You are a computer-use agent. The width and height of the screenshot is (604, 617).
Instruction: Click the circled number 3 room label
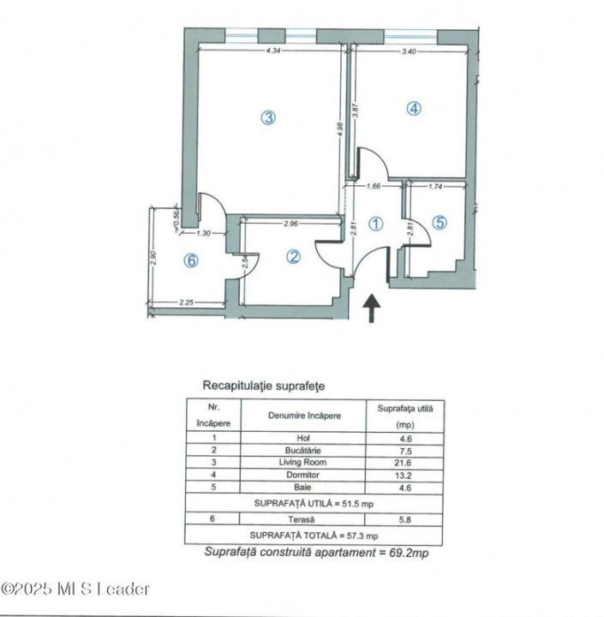(268, 119)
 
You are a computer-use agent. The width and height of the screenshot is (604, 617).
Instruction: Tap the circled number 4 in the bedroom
(414, 109)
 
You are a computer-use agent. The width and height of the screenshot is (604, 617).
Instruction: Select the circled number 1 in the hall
(375, 224)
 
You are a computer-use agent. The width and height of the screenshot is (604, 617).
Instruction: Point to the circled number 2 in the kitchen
(293, 256)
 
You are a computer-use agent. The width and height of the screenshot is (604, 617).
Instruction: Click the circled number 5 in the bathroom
(440, 223)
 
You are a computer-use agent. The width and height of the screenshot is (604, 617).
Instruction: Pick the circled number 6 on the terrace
(191, 261)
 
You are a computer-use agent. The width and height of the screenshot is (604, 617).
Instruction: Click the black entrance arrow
(373, 308)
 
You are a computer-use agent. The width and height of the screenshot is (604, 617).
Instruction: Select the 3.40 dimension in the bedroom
(410, 51)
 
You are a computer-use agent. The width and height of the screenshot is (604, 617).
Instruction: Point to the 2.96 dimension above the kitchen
(290, 225)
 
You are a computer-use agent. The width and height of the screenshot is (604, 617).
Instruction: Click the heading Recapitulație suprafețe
(263, 386)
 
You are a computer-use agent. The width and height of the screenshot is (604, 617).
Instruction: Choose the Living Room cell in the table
(304, 463)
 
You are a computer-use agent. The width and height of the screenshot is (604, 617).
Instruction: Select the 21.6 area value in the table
(405, 463)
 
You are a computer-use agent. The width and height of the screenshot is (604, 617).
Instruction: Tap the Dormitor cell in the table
(304, 475)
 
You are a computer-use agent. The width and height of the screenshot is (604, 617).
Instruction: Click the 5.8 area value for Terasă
(405, 520)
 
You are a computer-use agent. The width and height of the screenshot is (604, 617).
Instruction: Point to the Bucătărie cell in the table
(304, 450)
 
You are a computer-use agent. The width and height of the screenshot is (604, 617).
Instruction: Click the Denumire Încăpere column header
(304, 416)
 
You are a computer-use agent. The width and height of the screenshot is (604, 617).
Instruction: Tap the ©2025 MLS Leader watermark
(75, 589)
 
